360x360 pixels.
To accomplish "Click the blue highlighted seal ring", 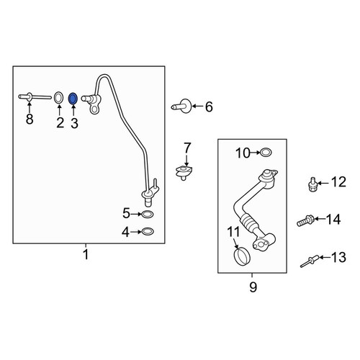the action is click(73, 99).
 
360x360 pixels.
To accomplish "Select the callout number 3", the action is click(74, 123).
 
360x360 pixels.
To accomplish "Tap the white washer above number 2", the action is click(58, 98).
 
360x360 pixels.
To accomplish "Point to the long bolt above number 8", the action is click(35, 97).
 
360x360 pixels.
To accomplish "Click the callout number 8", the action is click(30, 120).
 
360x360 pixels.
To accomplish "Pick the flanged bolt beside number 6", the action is click(181, 106).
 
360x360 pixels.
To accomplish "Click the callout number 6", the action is click(209, 107).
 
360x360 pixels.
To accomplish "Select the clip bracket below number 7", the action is click(184, 172).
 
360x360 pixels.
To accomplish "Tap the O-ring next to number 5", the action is click(148, 214).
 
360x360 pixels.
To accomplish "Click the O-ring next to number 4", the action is click(148, 232).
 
